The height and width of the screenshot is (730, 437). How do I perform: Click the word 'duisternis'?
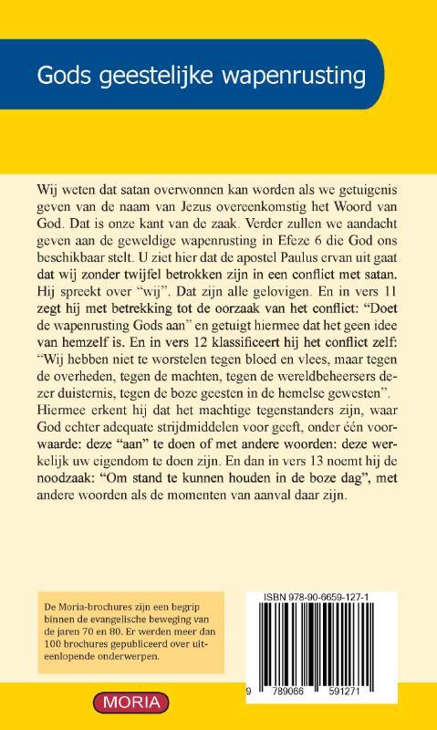[x=76, y=386]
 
